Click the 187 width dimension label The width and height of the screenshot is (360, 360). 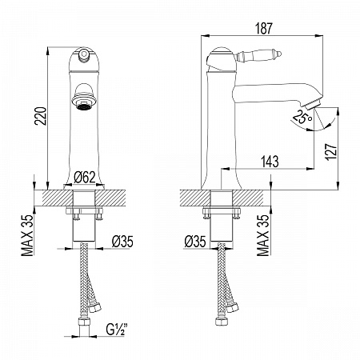coord(264,29)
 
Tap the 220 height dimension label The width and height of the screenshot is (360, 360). coord(41,116)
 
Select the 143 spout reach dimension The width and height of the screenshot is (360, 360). coord(270,162)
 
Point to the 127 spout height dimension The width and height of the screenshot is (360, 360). coord(331,152)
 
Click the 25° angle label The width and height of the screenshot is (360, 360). coord(302,117)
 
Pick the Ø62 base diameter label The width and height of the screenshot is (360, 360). coord(85,178)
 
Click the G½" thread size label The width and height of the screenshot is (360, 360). coord(117,330)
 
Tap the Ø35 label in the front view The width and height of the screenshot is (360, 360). coord(122,242)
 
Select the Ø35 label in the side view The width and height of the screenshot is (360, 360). coord(195,242)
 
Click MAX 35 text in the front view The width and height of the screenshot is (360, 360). coord(28,235)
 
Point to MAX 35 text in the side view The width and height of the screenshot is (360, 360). coord(263,235)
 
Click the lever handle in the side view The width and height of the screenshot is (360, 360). coord(258,55)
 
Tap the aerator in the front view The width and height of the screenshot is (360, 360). coord(84,102)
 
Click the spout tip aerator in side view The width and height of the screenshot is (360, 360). coord(311,104)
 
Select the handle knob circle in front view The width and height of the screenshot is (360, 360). coord(84,54)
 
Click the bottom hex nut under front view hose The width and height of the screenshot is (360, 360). coord(84,322)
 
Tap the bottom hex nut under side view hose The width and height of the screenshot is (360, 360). coord(220,321)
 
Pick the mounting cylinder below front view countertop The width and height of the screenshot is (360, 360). coord(84,228)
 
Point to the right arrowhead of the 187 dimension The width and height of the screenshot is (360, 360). coord(318,35)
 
